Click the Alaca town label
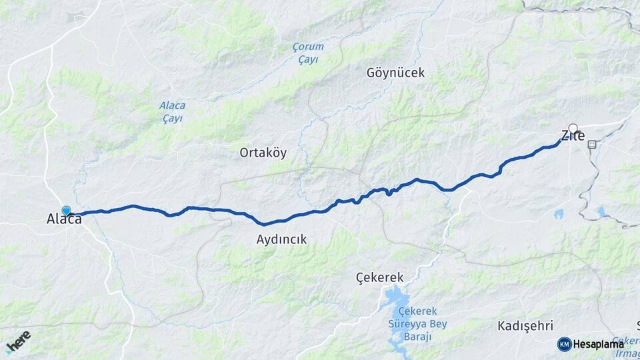64,219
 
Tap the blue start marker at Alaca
66,211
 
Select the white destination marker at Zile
573,128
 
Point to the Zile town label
573,137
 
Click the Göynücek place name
395,73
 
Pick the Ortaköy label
263,153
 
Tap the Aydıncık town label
282,239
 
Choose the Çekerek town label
380,277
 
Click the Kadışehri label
525,326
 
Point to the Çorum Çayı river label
308,53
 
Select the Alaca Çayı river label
172,111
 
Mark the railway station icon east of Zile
591,143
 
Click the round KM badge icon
565,344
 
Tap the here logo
18,341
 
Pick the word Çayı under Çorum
308,59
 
